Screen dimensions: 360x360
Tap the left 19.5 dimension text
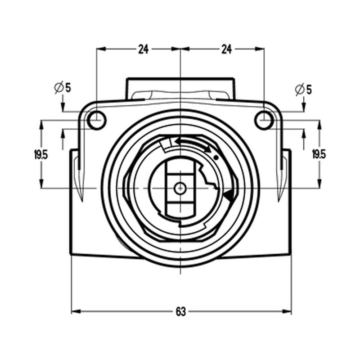[40, 155]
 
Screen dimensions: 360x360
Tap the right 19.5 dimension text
[319, 154]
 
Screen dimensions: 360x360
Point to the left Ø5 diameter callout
[63, 88]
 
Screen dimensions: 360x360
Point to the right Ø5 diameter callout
[303, 89]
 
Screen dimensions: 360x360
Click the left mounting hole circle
[96, 120]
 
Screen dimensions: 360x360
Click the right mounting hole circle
[264, 120]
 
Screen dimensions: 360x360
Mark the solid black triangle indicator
[229, 196]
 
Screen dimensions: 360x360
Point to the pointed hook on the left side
[80, 184]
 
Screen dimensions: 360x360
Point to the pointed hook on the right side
[280, 184]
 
